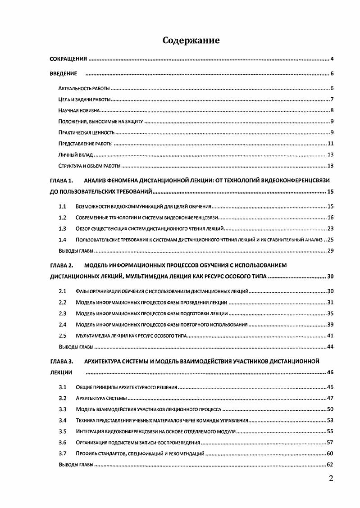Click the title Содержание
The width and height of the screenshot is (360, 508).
pyautogui.click(x=191, y=41)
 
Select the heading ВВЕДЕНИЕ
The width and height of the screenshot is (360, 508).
pyautogui.click(x=64, y=73)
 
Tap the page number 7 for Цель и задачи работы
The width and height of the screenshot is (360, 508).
pyautogui.click(x=331, y=100)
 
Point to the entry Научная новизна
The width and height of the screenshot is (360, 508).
pyautogui.click(x=79, y=110)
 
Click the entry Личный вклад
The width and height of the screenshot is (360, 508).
pyautogui.click(x=76, y=154)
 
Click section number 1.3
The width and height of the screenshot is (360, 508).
pyautogui.click(x=63, y=228)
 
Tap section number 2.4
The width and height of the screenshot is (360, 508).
pyautogui.click(x=63, y=324)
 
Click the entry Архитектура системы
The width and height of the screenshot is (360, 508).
pyautogui.click(x=101, y=398)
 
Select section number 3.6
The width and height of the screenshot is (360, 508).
pyautogui.click(x=63, y=442)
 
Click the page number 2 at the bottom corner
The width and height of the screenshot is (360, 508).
pyautogui.click(x=331, y=478)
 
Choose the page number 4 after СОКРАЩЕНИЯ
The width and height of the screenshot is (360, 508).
pyautogui.click(x=331, y=59)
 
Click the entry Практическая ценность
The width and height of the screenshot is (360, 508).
pyautogui.click(x=87, y=132)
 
